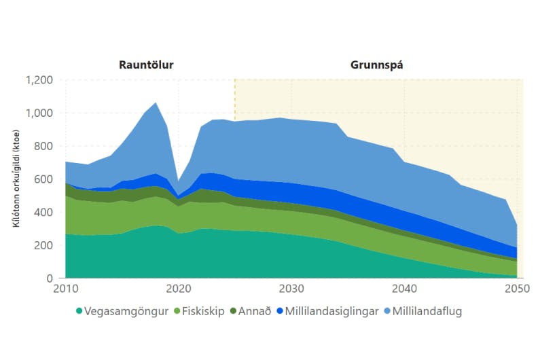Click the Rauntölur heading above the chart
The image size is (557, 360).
146,65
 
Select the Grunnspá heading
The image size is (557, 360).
378,65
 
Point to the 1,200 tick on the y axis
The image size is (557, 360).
38,80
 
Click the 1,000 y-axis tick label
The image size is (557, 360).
38,113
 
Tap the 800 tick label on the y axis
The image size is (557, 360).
43,146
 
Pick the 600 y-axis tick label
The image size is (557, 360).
43,179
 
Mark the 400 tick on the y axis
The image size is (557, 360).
43,213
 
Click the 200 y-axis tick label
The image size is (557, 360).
43,245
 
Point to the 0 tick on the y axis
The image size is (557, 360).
50,278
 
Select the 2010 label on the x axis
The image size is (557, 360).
65,288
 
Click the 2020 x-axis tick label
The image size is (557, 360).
179,288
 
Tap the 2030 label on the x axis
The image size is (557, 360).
292,288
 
